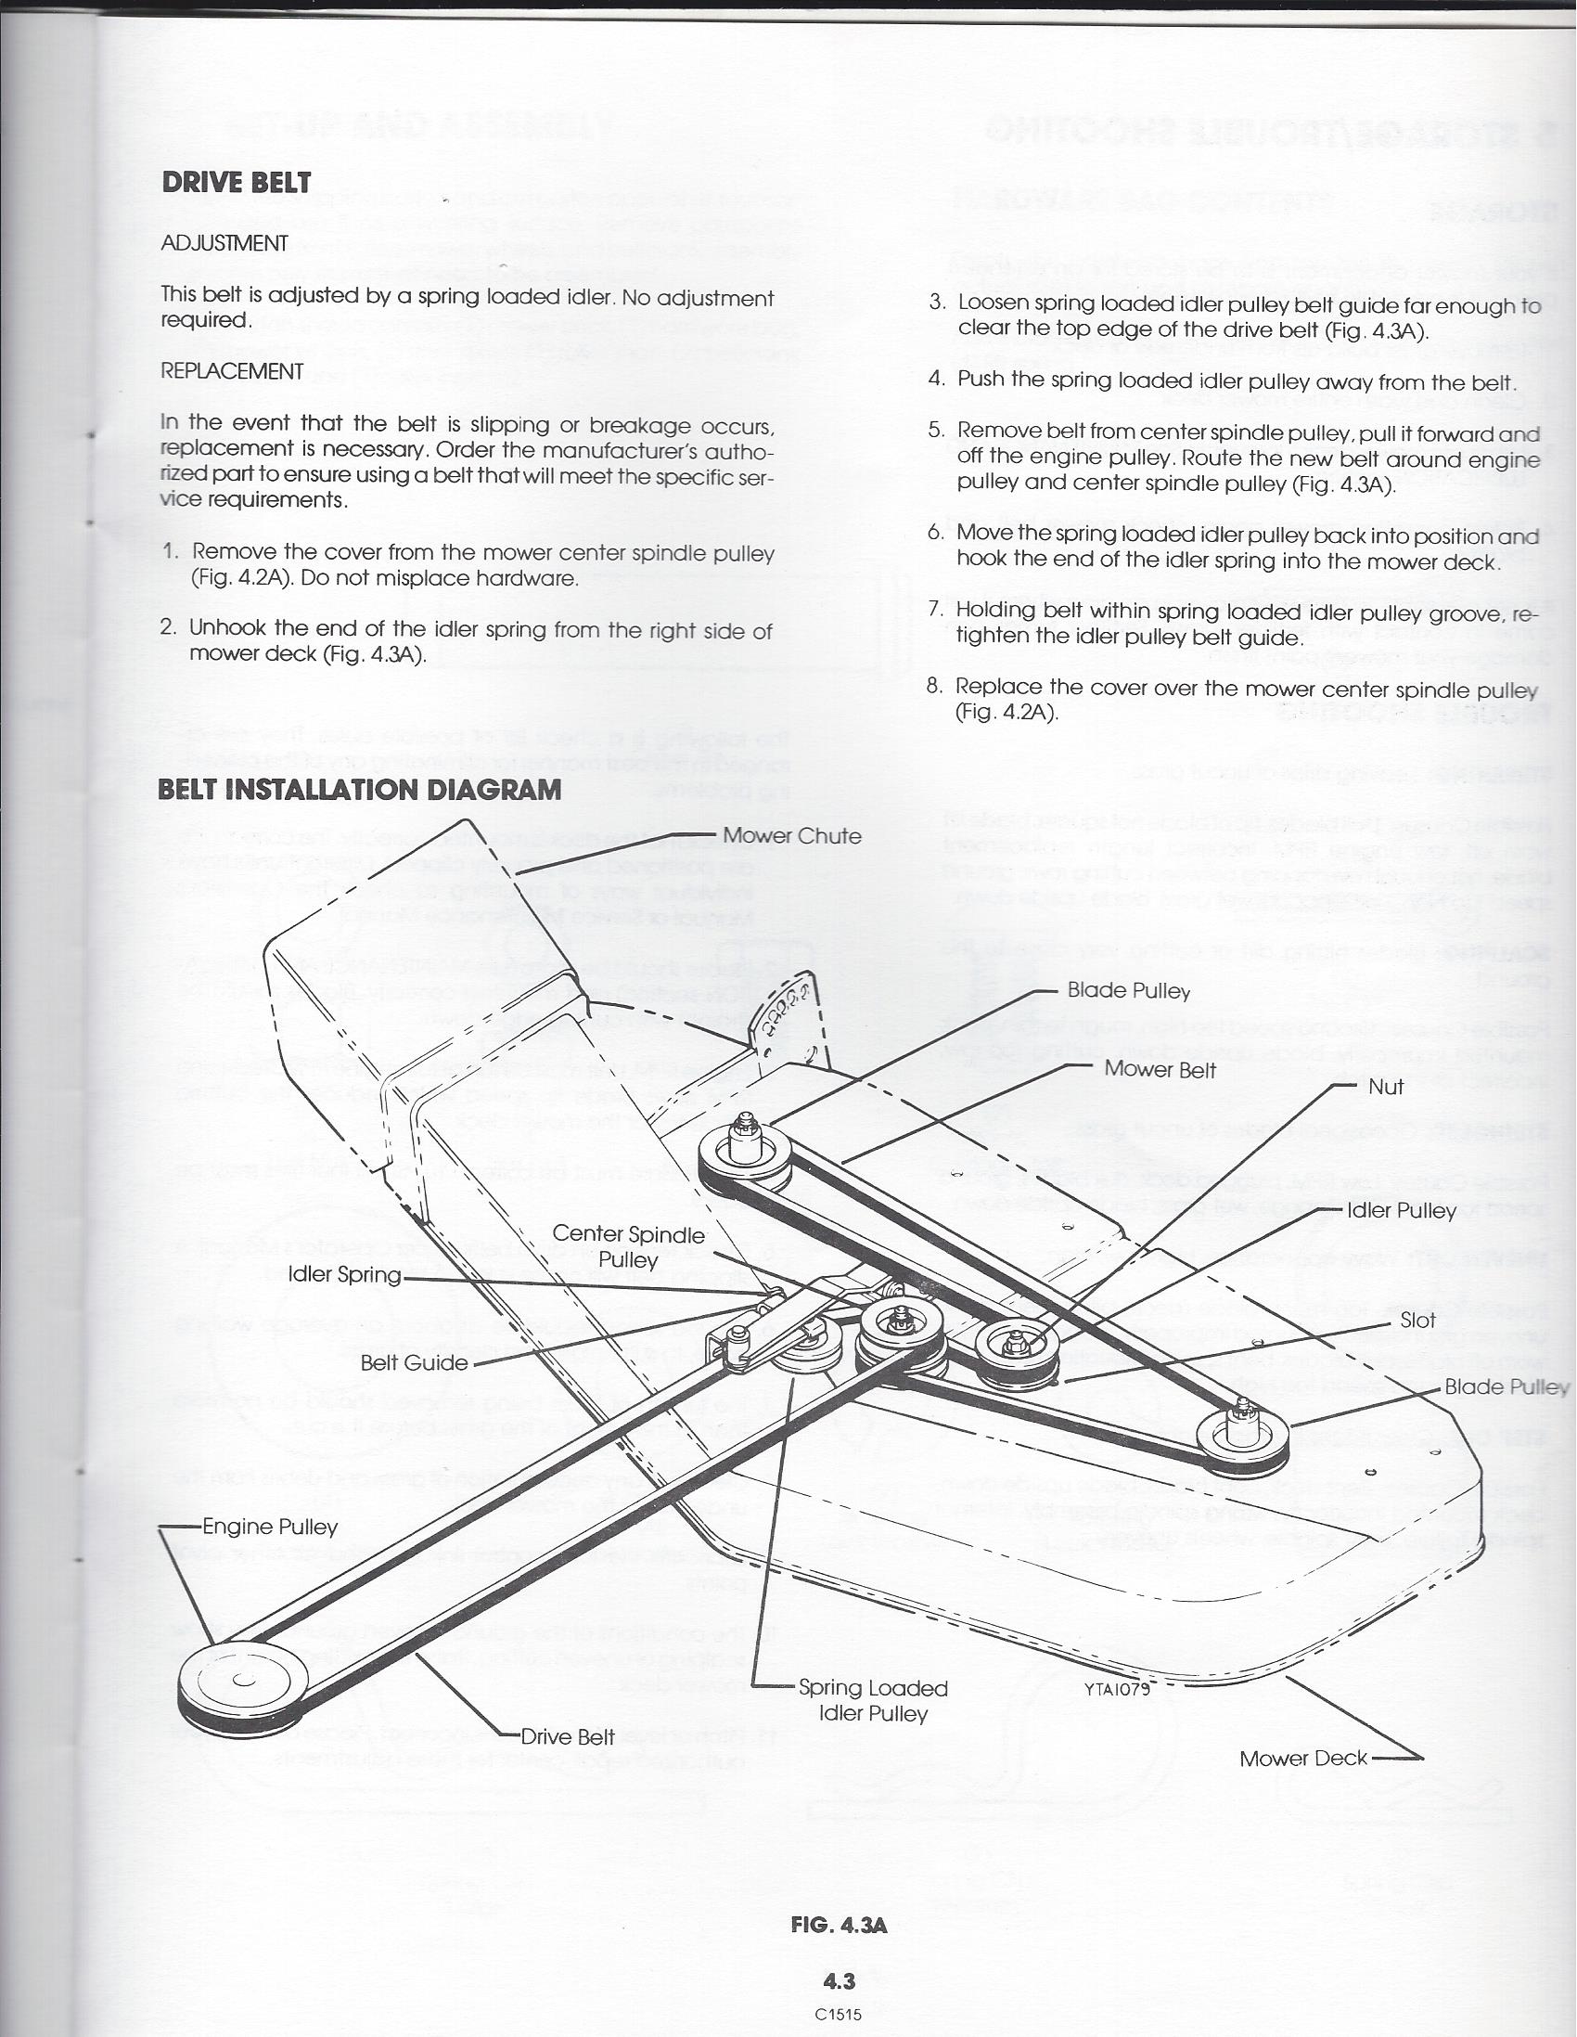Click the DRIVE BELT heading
(236, 182)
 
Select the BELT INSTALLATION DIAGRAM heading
(360, 790)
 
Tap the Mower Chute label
(792, 836)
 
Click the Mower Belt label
(1160, 1070)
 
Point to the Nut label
(1385, 1087)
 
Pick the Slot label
(1417, 1321)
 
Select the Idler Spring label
(344, 1275)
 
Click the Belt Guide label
(414, 1362)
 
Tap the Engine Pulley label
(270, 1527)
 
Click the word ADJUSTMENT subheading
(224, 243)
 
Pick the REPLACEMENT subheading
(231, 371)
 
